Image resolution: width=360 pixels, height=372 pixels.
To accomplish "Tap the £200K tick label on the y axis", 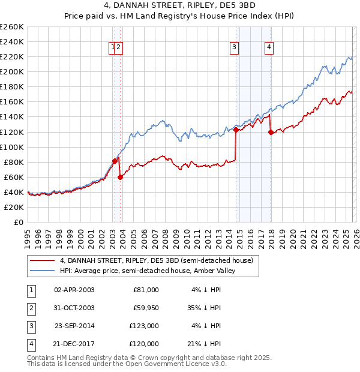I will [x=12, y=71].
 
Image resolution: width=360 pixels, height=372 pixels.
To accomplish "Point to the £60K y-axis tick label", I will [x=14, y=177].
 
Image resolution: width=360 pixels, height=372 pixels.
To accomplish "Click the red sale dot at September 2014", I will [x=236, y=129].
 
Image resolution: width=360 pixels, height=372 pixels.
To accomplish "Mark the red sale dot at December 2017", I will [x=271, y=132].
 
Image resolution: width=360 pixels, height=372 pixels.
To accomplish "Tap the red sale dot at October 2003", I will [x=121, y=177].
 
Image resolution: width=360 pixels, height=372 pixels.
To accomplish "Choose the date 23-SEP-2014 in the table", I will [x=74, y=326].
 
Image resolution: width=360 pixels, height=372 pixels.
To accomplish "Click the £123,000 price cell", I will [x=143, y=326].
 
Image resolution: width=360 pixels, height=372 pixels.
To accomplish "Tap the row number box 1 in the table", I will [x=30, y=290].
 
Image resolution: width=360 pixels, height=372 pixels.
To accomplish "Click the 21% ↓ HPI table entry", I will [x=205, y=344].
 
